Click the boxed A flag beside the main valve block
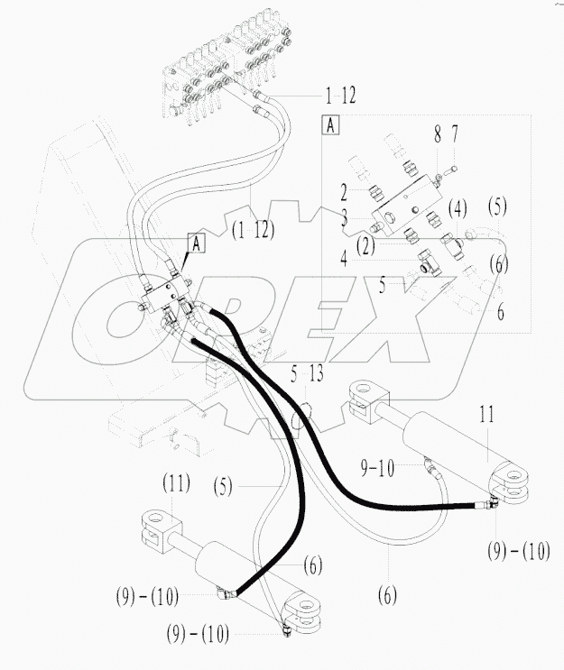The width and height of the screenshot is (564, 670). click(x=195, y=241)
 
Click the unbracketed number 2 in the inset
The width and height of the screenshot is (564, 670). click(x=345, y=191)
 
